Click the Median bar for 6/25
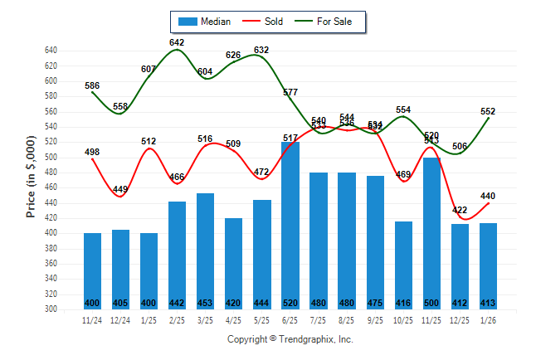tap(290, 224)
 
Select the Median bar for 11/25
tap(431, 232)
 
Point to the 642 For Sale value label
tap(177, 42)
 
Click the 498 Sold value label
tap(92, 152)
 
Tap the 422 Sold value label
tap(460, 210)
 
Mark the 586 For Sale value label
tap(92, 85)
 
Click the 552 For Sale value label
tap(488, 111)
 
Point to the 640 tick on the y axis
tap(51, 51)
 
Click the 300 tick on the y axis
tap(51, 309)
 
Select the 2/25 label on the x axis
tap(177, 319)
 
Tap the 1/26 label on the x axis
tap(488, 319)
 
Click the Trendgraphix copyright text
tap(290, 339)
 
